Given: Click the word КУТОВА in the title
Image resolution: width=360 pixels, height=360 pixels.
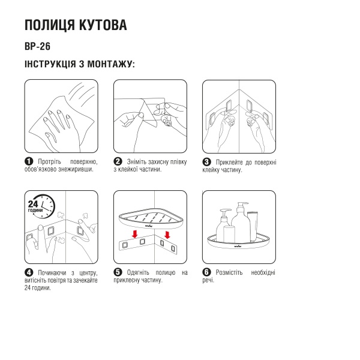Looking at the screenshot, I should click(100, 26).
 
